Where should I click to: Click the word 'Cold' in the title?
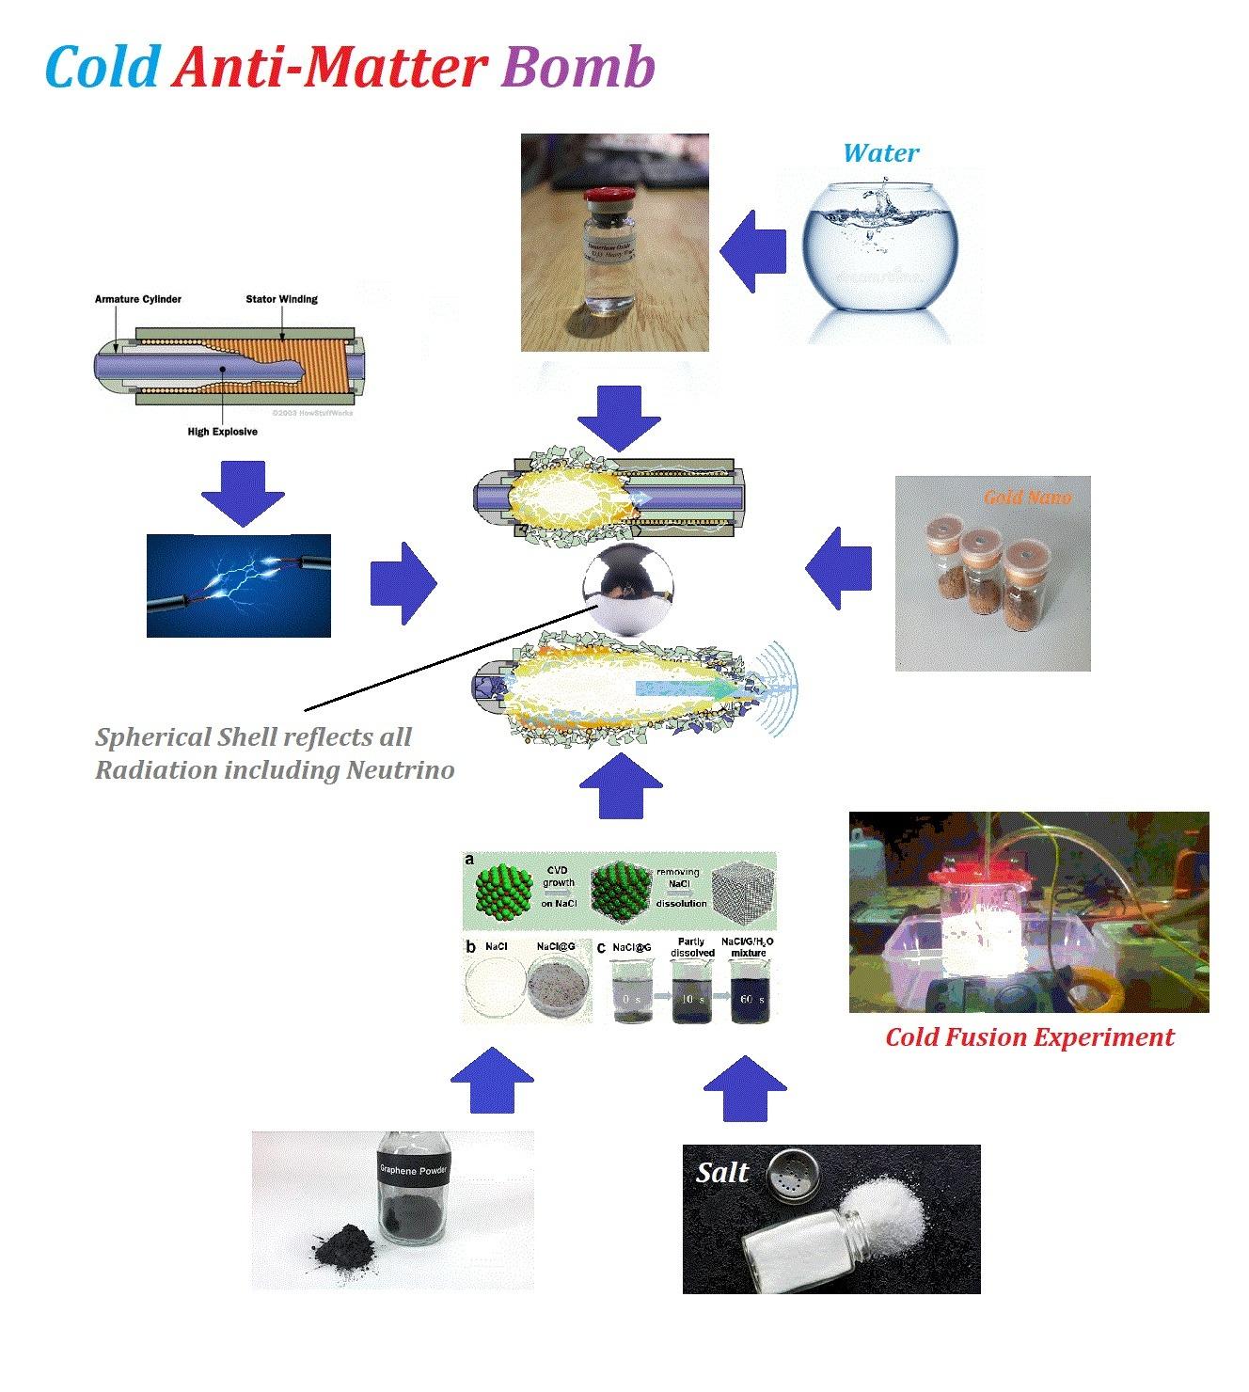pyautogui.click(x=101, y=68)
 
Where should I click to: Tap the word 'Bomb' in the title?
pyautogui.click(x=578, y=68)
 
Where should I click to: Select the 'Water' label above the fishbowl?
pyautogui.click(x=880, y=152)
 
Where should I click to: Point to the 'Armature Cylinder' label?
pyautogui.click(x=137, y=299)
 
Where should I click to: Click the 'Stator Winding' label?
pyautogui.click(x=281, y=299)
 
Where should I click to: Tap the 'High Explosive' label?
pyautogui.click(x=222, y=432)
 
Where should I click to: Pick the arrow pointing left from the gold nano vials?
pyautogui.click(x=838, y=568)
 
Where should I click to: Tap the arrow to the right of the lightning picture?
pyautogui.click(x=403, y=582)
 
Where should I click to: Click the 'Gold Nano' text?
pyautogui.click(x=1027, y=497)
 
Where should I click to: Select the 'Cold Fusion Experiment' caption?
pyautogui.click(x=1030, y=1036)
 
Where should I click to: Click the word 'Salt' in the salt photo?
pyautogui.click(x=722, y=1172)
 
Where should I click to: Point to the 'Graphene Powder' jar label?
pyautogui.click(x=414, y=1171)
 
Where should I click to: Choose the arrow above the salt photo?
pyautogui.click(x=744, y=1087)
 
